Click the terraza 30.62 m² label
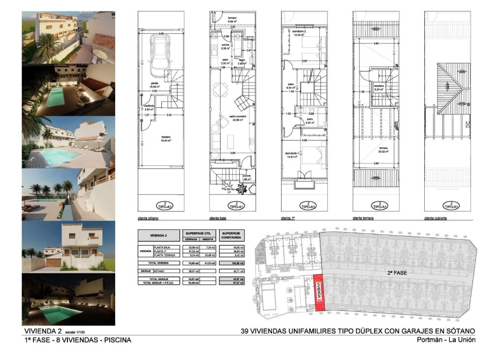pyautogui.click(x=383, y=150)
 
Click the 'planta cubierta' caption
pyautogui.click(x=436, y=217)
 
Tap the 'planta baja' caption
pyautogui.click(x=220, y=217)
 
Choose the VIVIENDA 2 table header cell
pyautogui.click(x=159, y=235)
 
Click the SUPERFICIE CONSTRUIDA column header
pyautogui.click(x=231, y=235)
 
